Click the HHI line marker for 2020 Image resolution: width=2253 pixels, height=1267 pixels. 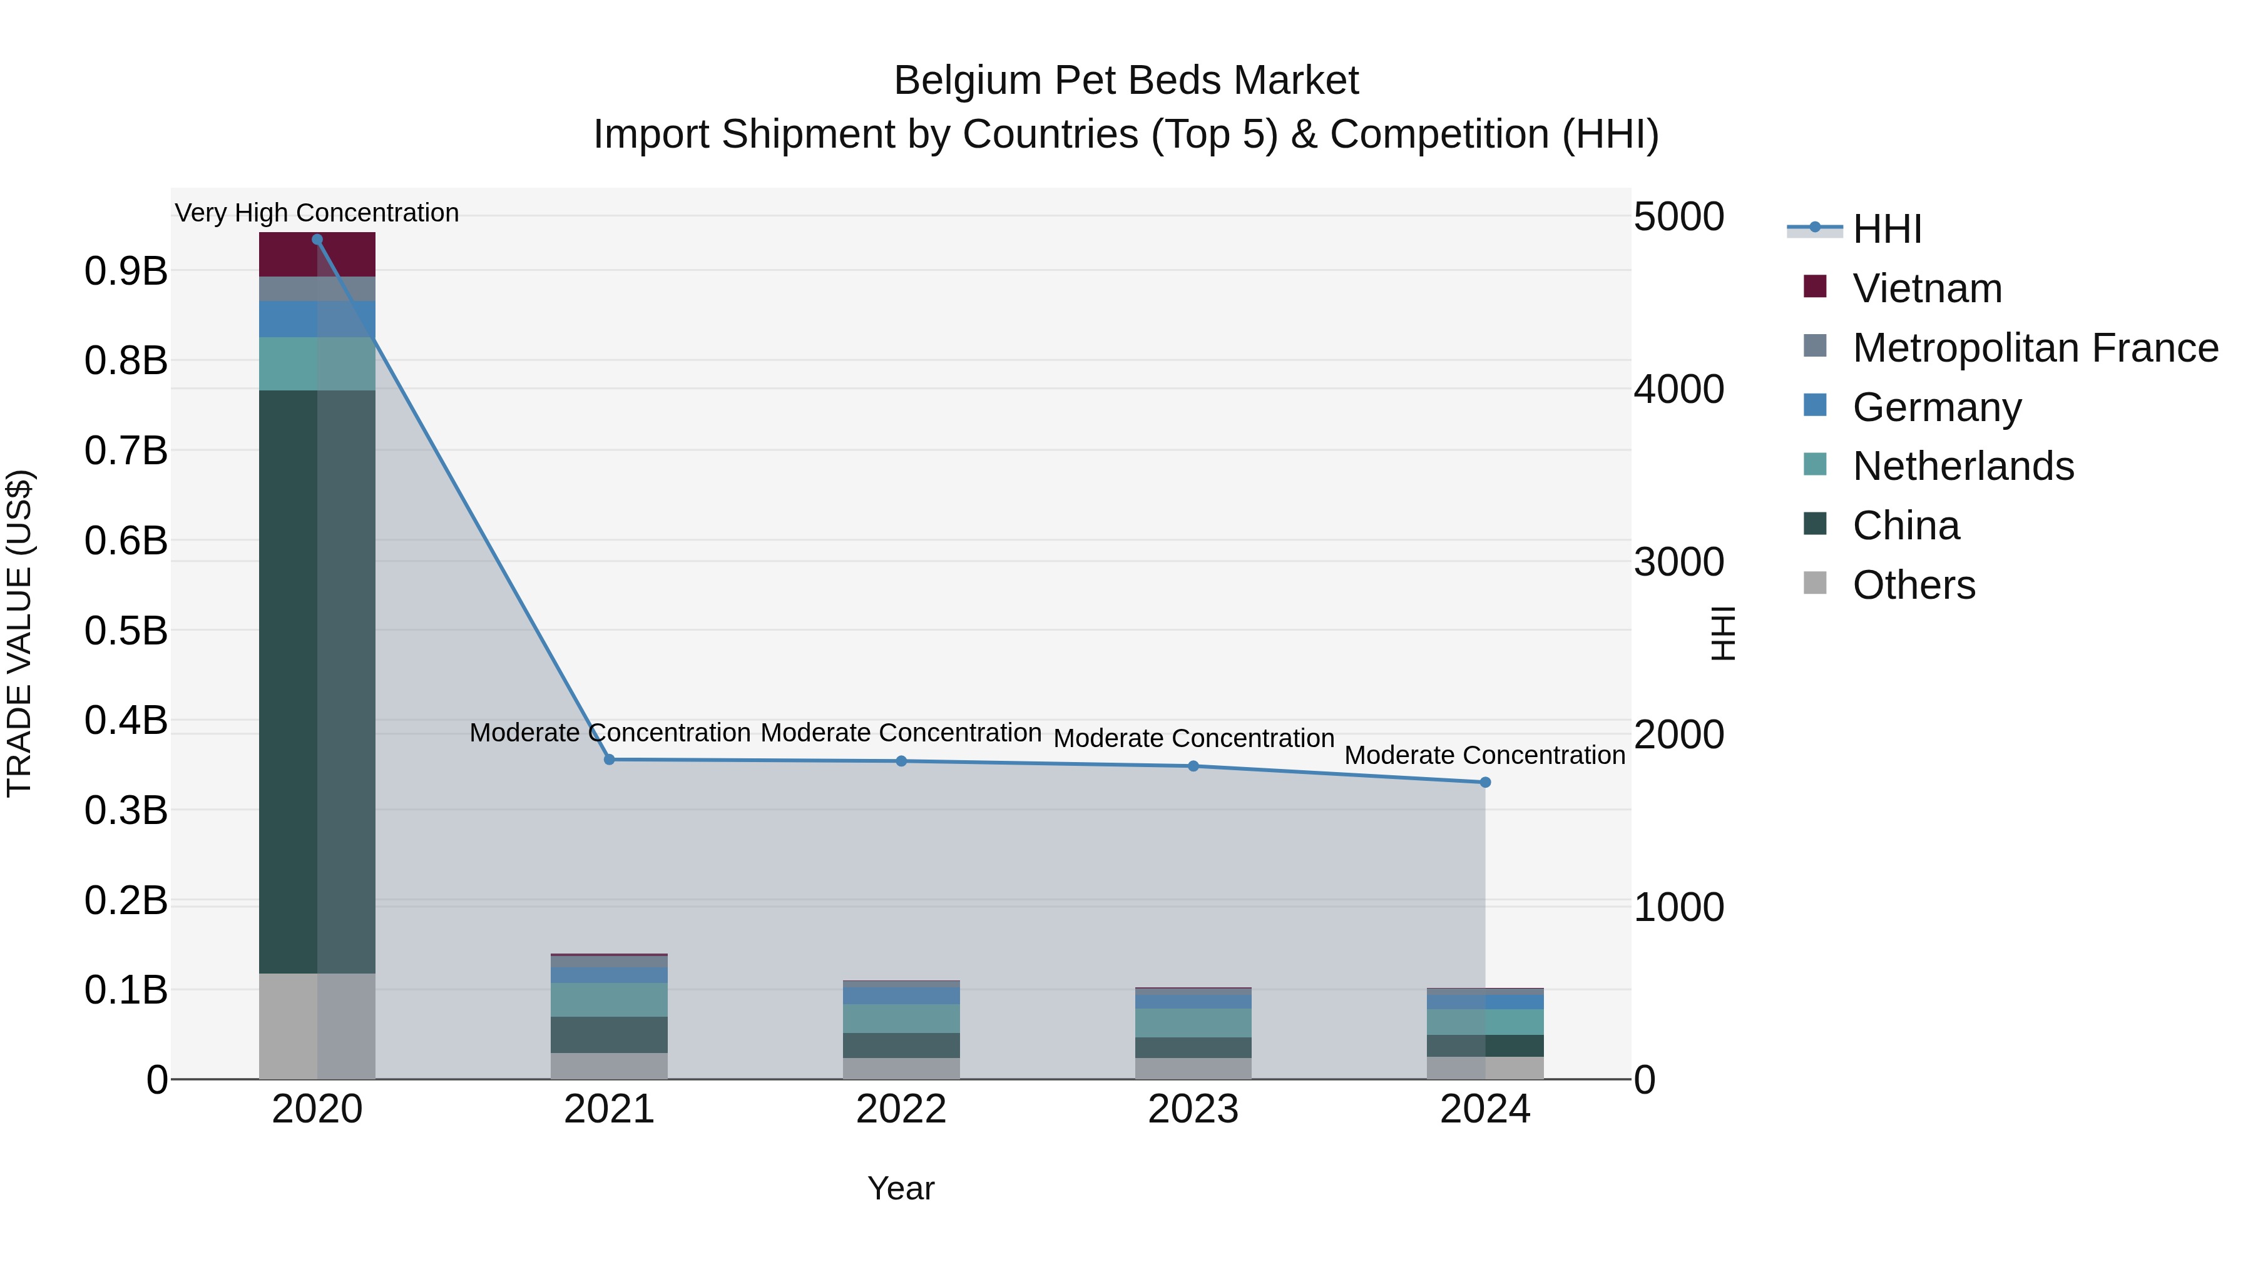click(x=317, y=240)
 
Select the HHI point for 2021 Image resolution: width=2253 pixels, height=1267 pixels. click(x=610, y=760)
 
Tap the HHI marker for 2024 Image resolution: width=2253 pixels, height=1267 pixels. click(x=1485, y=783)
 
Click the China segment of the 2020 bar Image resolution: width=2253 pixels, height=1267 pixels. click(x=317, y=682)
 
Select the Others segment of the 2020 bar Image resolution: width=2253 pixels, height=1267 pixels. click(x=317, y=1027)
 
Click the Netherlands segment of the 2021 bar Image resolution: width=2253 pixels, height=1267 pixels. click(x=609, y=999)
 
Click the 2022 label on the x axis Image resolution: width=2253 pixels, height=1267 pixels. click(x=901, y=1109)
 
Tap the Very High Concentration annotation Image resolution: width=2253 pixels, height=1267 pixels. click(x=317, y=213)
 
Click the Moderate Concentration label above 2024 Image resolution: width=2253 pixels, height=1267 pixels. click(x=1484, y=755)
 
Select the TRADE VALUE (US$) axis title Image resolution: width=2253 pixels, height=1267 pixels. click(x=19, y=633)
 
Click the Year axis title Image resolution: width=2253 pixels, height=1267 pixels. click(x=901, y=1188)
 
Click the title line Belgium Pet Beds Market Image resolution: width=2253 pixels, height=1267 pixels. click(x=1126, y=81)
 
